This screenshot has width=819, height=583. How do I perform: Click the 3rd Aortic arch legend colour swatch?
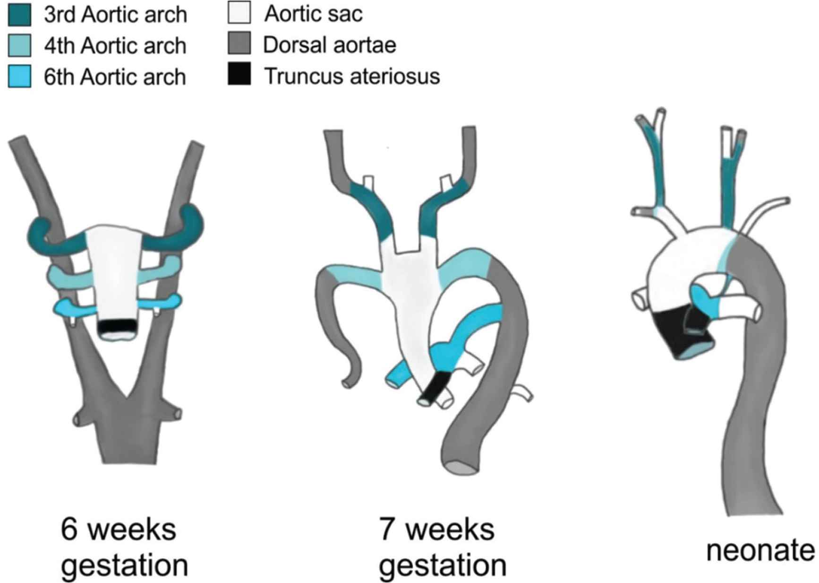20,15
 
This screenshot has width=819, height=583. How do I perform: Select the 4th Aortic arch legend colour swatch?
20,45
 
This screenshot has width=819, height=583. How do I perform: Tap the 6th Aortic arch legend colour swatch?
20,76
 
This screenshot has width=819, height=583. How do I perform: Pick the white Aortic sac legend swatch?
239,13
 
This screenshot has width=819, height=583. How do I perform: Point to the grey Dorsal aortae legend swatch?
239,44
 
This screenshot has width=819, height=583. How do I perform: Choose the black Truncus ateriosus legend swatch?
239,75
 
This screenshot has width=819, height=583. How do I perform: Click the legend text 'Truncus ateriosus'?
352,76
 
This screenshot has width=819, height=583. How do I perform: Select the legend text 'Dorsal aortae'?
330,45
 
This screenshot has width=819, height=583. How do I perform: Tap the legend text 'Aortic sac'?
314,14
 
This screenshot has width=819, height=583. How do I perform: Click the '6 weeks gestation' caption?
124,547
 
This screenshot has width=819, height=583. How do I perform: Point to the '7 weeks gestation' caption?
442,547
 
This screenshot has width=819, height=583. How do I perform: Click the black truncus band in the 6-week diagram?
117,326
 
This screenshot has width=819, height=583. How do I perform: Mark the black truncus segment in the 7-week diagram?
435,386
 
